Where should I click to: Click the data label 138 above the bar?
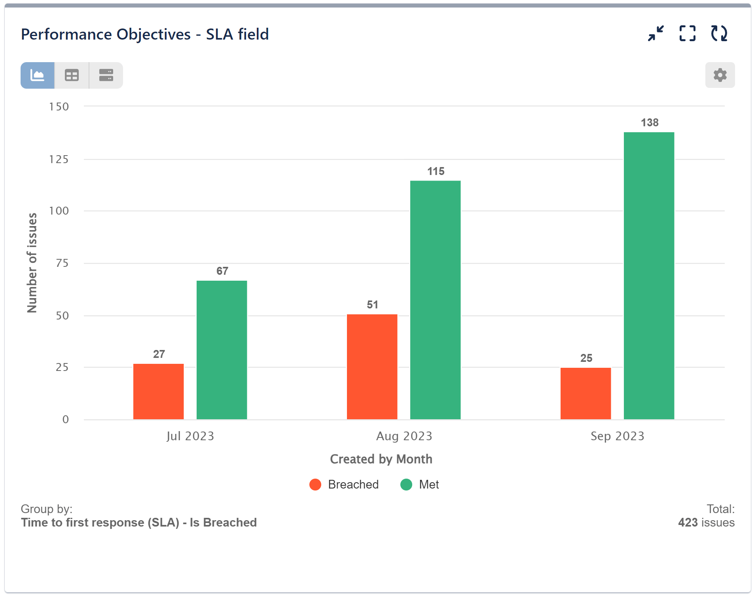(650, 123)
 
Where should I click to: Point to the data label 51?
(372, 305)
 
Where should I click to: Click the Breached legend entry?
(344, 485)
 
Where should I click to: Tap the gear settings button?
(720, 75)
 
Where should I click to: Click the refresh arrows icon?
(719, 34)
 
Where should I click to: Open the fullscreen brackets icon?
(687, 34)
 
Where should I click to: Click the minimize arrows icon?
(656, 34)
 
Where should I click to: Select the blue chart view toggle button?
(38, 75)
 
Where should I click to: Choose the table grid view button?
(72, 75)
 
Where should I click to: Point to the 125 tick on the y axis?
(59, 160)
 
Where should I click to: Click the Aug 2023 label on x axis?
(404, 436)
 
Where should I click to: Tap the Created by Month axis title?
(381, 459)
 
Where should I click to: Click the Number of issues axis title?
(32, 263)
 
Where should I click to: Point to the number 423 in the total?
(688, 523)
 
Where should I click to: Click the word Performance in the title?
(66, 34)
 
